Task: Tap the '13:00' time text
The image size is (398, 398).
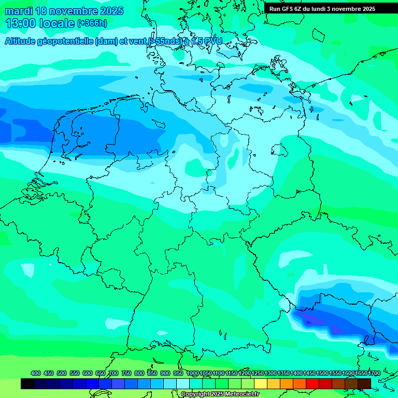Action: click(x=21, y=23)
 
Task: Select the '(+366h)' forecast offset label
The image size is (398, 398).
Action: click(x=92, y=23)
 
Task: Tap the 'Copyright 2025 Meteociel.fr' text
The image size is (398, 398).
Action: click(x=220, y=394)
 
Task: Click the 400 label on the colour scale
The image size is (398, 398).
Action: click(x=36, y=373)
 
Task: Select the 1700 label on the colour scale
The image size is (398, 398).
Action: click(x=361, y=373)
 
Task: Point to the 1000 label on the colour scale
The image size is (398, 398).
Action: click(x=192, y=373)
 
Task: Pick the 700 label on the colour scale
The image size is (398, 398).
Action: click(x=113, y=373)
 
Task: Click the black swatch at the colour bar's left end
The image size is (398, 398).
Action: click(x=27, y=384)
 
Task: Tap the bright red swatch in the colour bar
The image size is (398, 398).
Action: click(x=312, y=384)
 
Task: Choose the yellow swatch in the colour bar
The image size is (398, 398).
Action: click(x=261, y=384)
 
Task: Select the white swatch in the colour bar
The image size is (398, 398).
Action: click(x=183, y=384)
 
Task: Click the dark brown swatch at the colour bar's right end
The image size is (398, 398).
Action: click(x=364, y=384)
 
